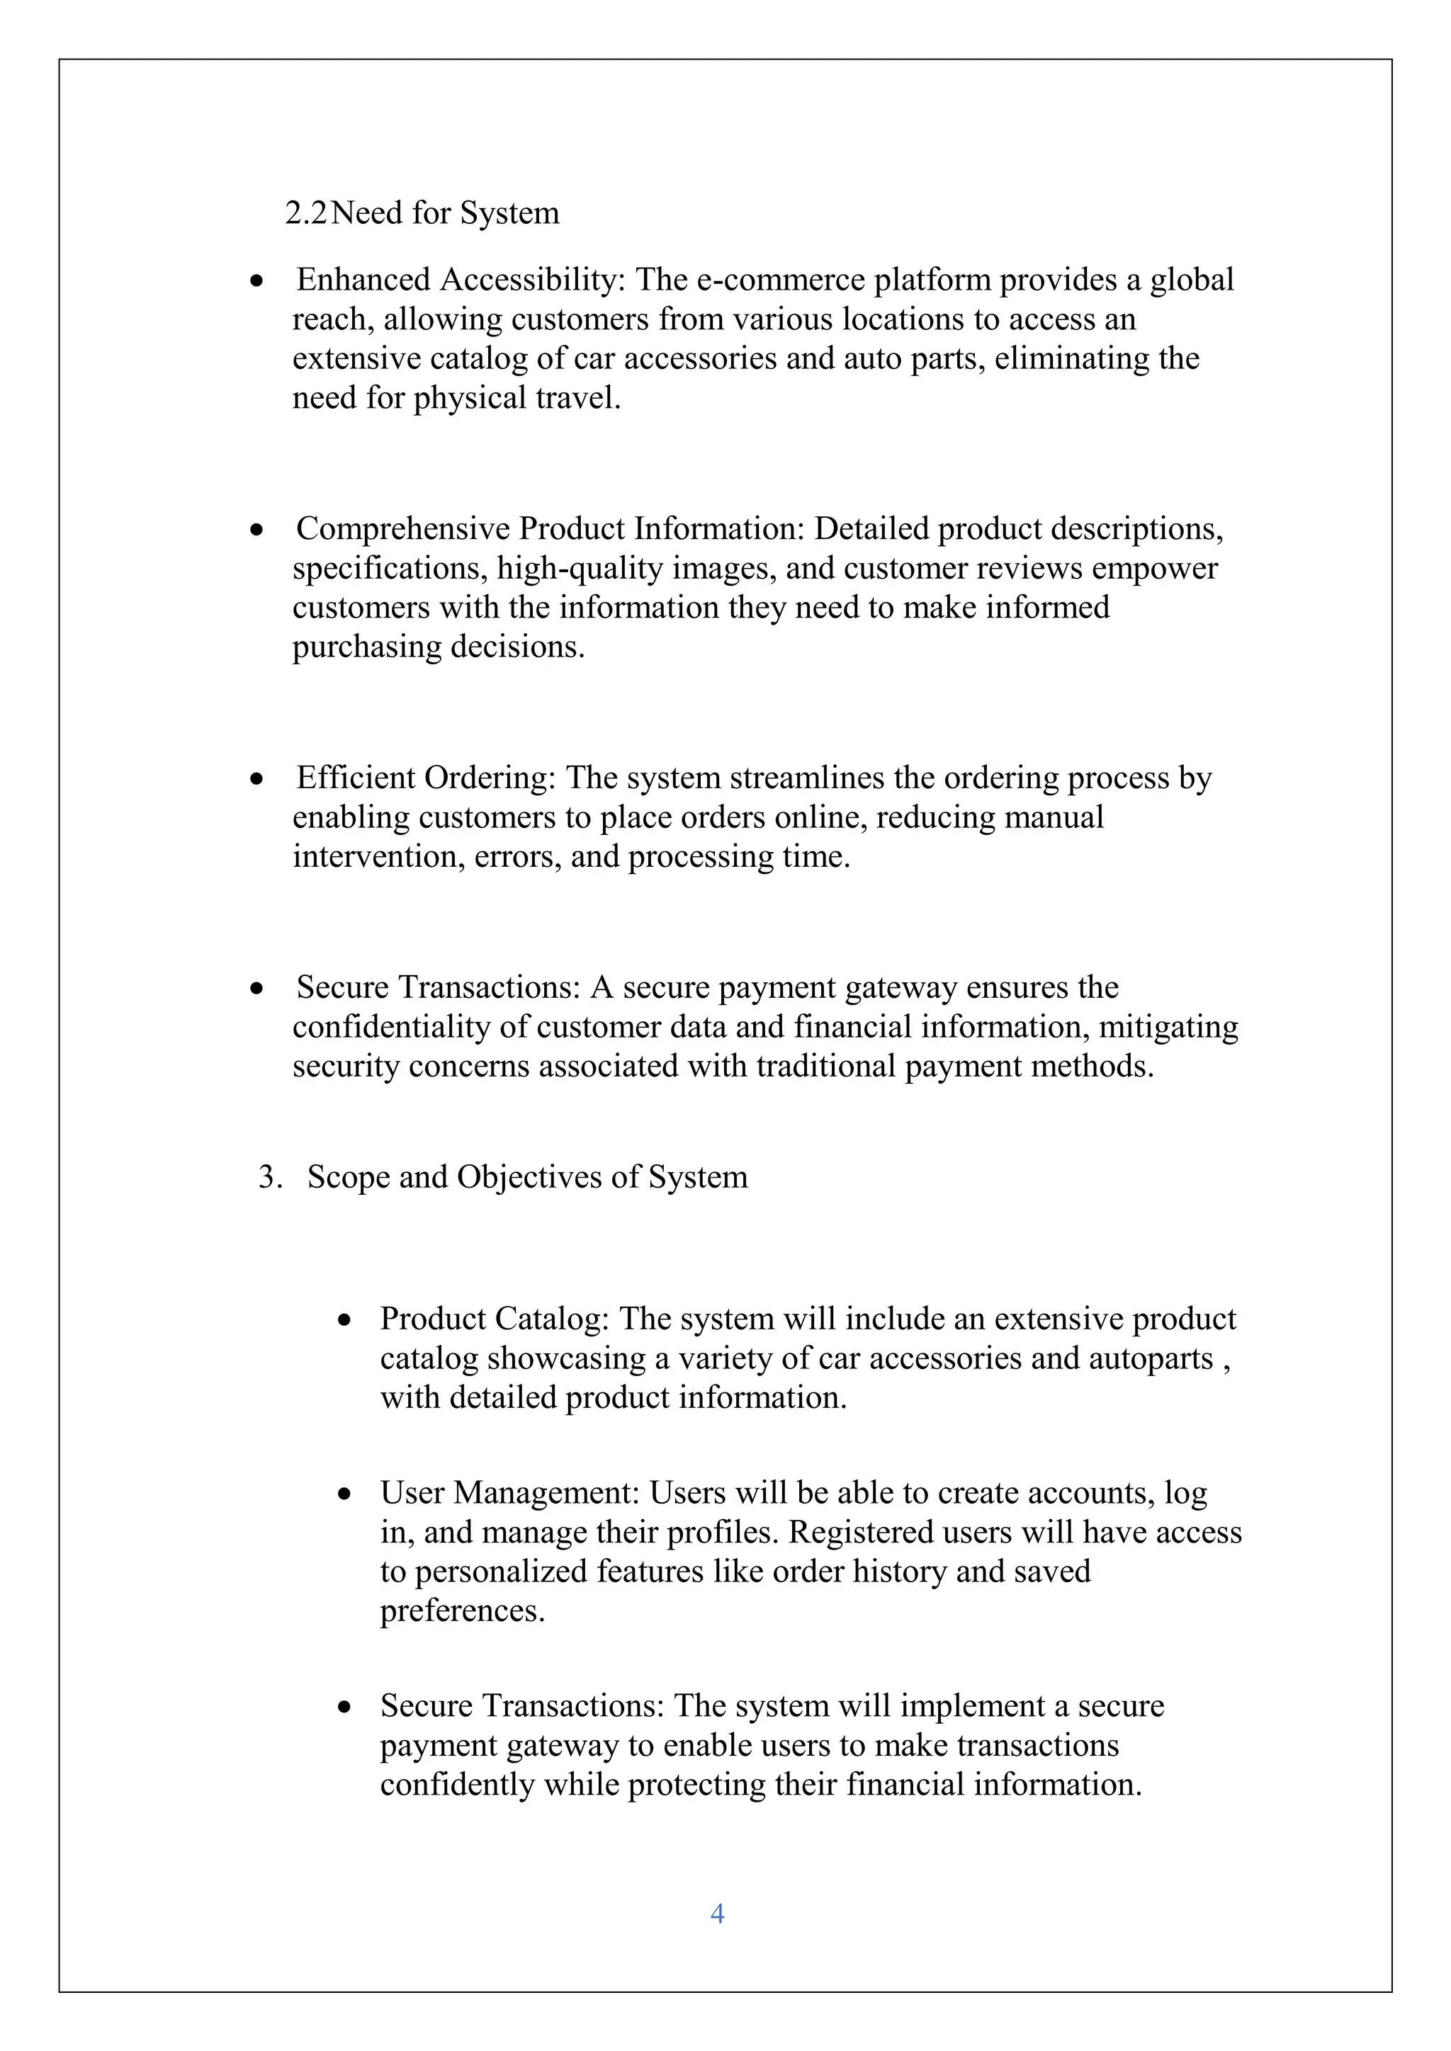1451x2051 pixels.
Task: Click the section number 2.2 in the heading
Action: (x=305, y=213)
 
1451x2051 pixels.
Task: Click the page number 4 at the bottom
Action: (x=716, y=1912)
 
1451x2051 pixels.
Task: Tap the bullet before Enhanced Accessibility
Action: (x=257, y=281)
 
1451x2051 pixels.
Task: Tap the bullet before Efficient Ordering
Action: (x=257, y=779)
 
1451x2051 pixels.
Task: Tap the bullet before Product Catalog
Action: (x=345, y=1320)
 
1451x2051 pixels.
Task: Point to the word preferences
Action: (x=462, y=1611)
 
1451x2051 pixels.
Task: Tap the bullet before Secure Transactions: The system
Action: (x=345, y=1707)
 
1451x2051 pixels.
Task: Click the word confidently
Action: (x=456, y=1785)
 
